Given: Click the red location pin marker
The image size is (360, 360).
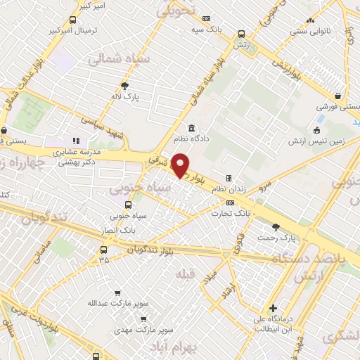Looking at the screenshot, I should click(x=181, y=164).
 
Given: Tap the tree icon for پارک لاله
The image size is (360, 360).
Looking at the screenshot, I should click(x=125, y=86).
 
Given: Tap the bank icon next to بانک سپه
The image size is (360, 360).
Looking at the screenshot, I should click(x=206, y=19).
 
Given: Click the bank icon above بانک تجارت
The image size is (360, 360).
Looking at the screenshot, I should click(x=220, y=202).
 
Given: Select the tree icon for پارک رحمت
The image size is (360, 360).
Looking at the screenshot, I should click(x=275, y=226).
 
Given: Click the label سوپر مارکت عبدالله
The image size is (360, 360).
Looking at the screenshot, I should click(x=111, y=303).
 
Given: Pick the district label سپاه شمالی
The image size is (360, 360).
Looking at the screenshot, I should click(x=117, y=61).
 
